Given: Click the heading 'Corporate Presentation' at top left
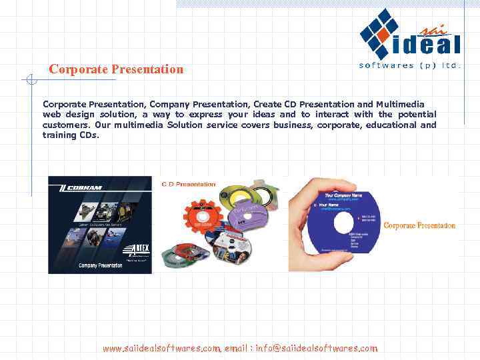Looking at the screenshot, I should tap(116, 69).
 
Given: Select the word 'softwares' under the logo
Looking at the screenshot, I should tap(385, 65).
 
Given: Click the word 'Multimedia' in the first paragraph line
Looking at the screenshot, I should tap(400, 105).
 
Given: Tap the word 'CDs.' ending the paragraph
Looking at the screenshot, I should tap(89, 135).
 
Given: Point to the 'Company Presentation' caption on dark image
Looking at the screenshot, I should tap(100, 265).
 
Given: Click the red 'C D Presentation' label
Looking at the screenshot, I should tap(189, 184).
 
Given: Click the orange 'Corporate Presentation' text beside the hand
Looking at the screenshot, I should tap(419, 225).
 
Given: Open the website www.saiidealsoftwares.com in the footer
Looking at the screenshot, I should tap(161, 348).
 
